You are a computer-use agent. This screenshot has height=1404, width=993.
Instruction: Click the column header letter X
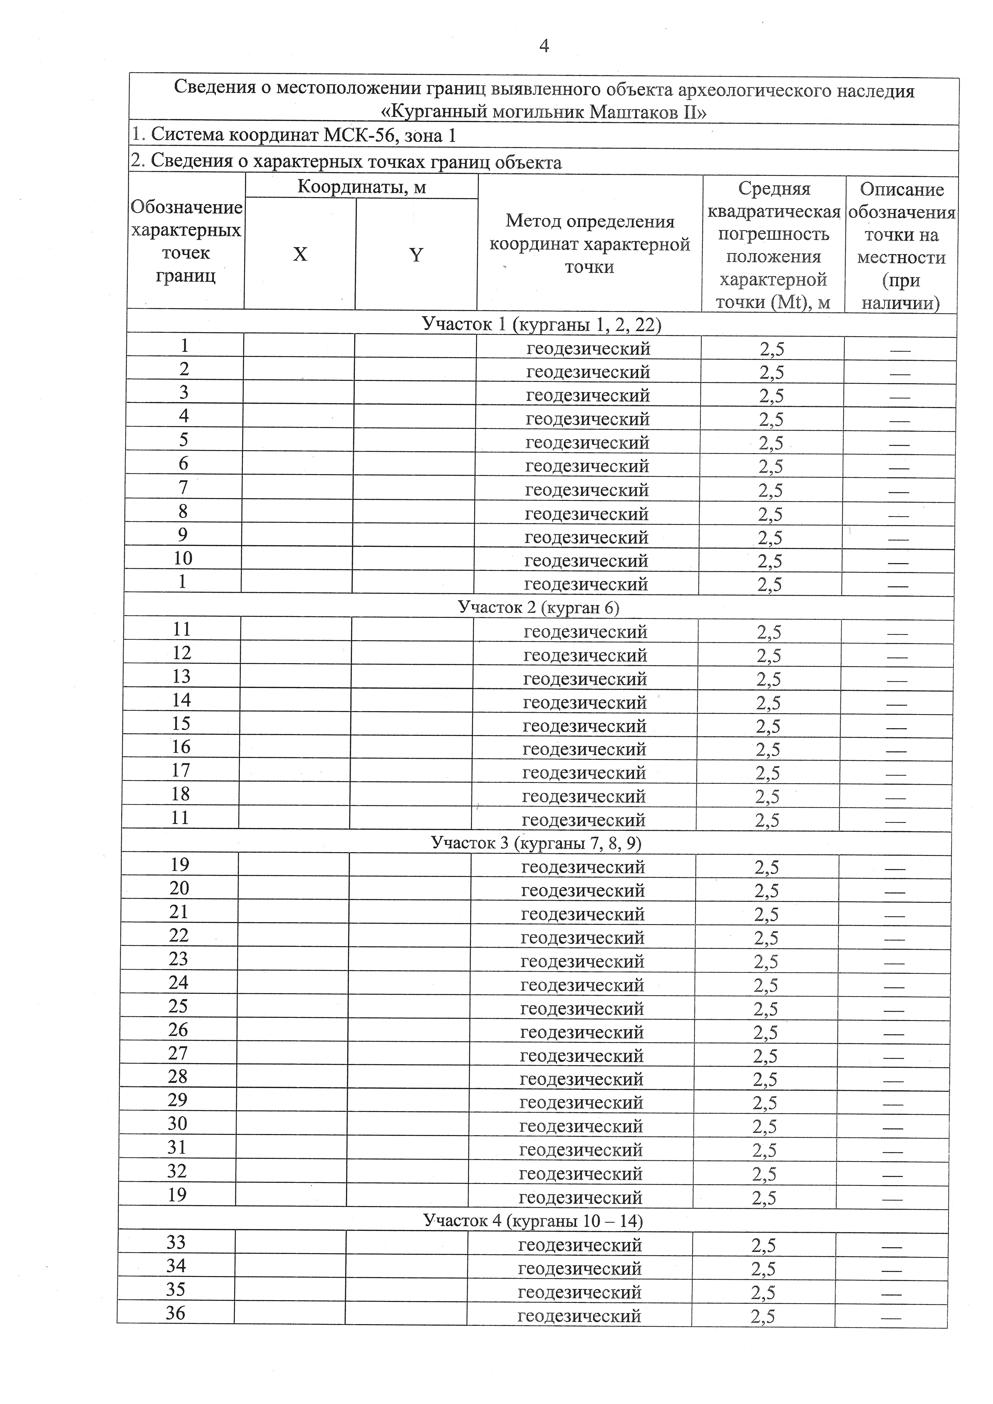click(300, 254)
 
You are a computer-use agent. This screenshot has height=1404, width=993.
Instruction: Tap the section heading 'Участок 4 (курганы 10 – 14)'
click(533, 1221)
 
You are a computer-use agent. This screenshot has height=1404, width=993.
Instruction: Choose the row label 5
click(184, 440)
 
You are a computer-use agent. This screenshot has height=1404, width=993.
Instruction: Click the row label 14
click(182, 700)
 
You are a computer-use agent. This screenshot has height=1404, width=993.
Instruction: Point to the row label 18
click(181, 794)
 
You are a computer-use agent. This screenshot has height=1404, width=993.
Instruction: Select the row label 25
click(178, 1006)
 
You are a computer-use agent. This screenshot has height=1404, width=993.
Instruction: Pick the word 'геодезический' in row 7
click(587, 490)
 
